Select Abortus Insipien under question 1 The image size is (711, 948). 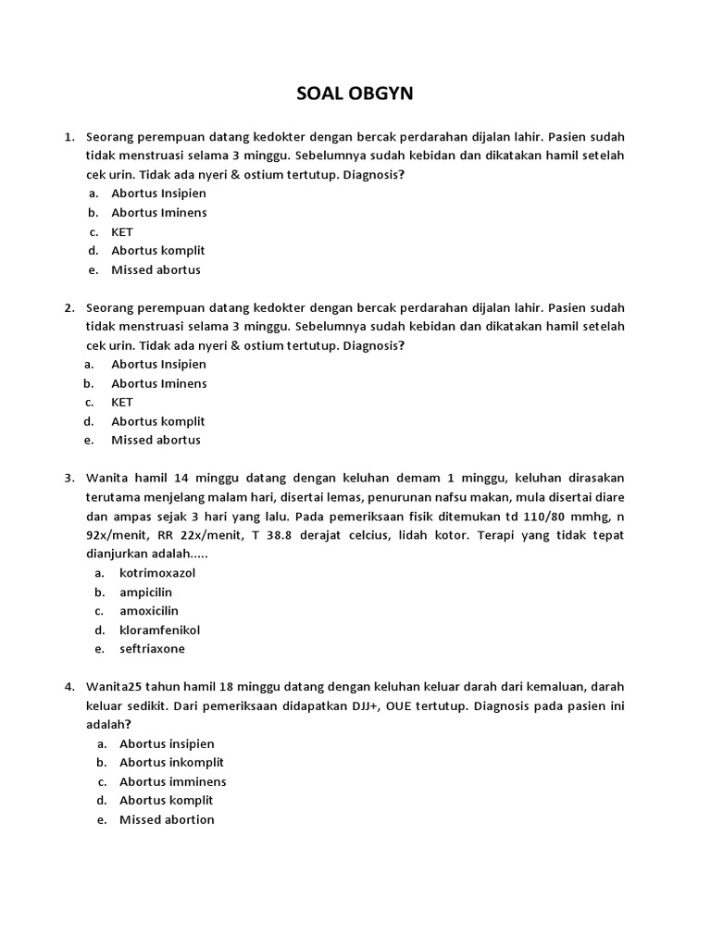coord(158,193)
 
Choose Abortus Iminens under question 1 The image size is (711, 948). coord(158,213)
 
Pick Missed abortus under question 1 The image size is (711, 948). coord(156,270)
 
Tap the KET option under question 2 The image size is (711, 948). coord(122,402)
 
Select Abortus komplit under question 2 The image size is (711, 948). coord(157,421)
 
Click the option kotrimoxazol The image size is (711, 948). coord(157,573)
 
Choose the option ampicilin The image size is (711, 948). coord(145,592)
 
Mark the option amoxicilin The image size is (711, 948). coord(149,611)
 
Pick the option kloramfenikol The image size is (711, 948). coord(159,630)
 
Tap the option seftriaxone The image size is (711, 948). coord(152,649)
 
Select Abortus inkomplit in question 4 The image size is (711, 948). coord(171,763)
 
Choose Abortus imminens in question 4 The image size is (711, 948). coord(172,781)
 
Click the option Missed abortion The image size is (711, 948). coord(167,819)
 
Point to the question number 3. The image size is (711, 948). coord(69,478)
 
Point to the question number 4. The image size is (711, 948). coord(69,687)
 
